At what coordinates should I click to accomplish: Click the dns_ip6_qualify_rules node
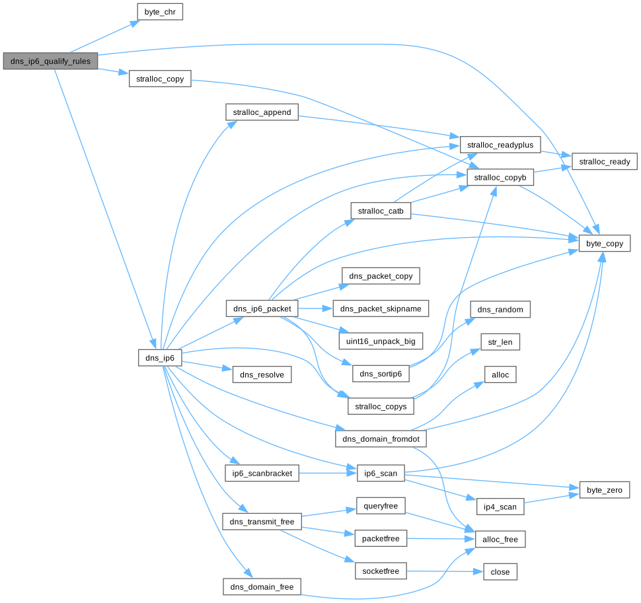[50, 61]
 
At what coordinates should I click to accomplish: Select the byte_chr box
[159, 12]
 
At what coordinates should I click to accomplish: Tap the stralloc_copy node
[160, 79]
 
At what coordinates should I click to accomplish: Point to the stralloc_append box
[262, 112]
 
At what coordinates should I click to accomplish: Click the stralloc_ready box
[605, 161]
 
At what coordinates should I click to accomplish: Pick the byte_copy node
[605, 244]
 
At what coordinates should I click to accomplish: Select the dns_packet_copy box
[381, 275]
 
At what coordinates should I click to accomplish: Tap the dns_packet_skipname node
[381, 308]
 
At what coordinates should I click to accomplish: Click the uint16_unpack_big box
[381, 341]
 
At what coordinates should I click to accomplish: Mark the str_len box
[500, 341]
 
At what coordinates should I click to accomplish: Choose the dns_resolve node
[262, 374]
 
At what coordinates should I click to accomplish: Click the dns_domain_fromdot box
[381, 439]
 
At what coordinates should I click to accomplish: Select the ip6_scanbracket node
[262, 473]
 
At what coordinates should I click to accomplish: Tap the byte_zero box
[604, 489]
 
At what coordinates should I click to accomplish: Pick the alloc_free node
[500, 539]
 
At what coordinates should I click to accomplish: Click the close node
[500, 571]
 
